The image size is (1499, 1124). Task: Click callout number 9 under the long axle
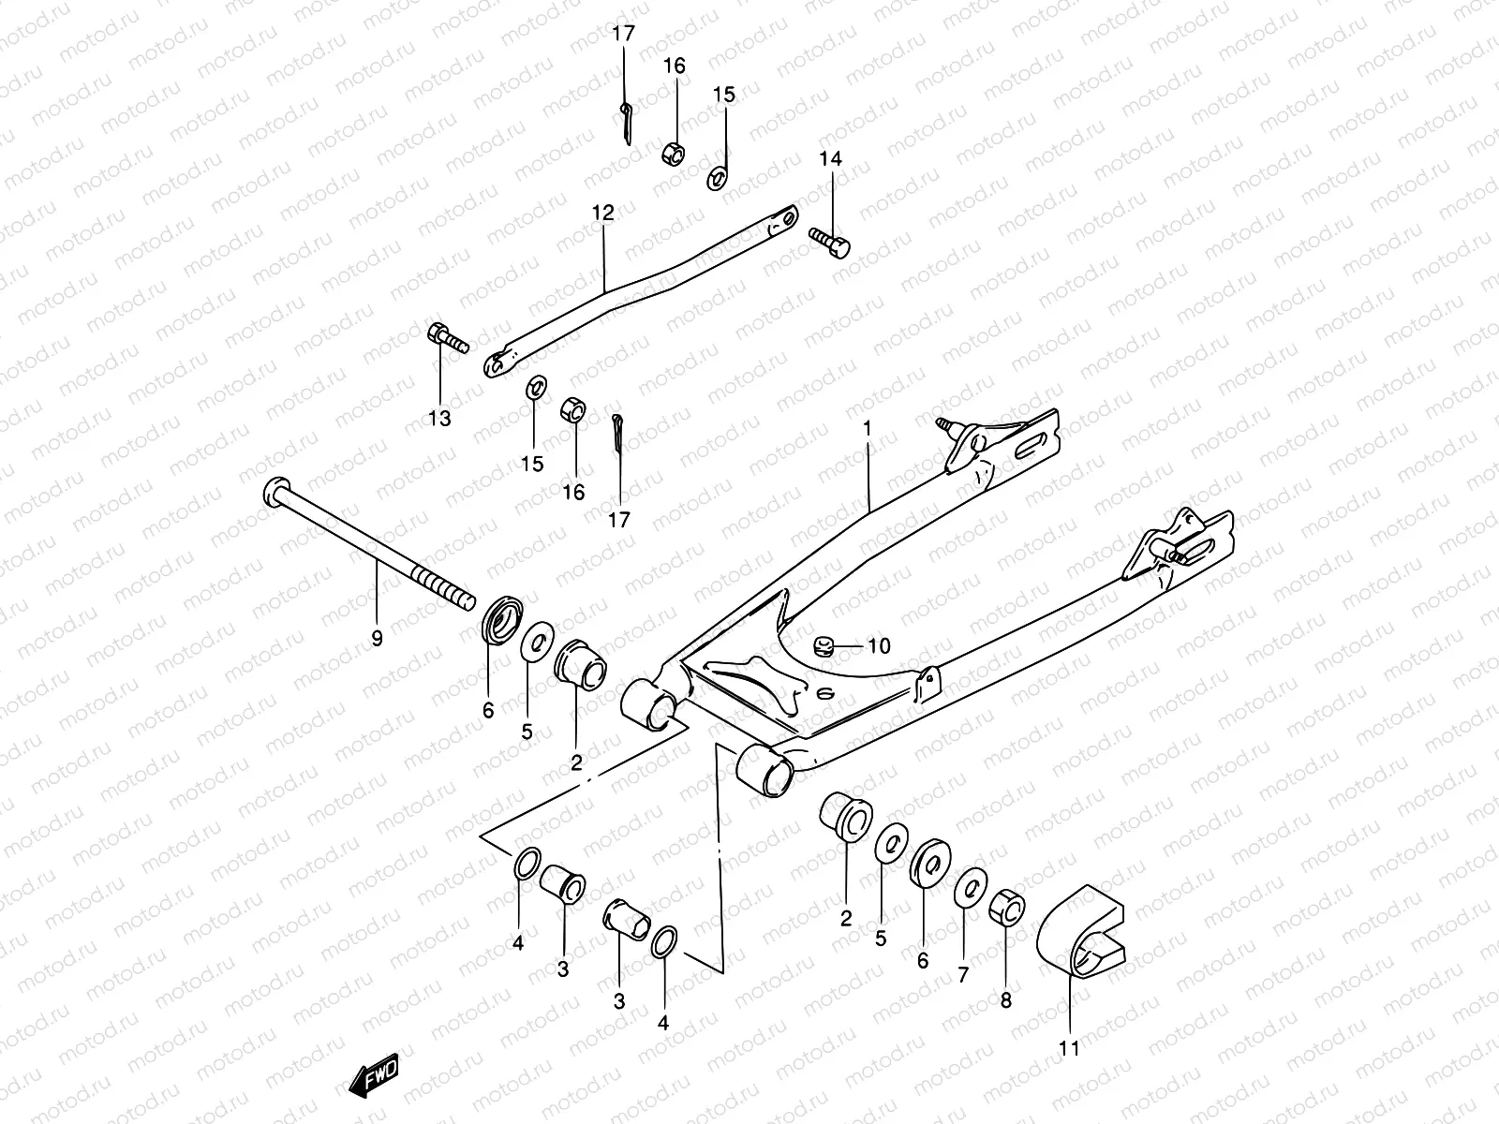tap(377, 639)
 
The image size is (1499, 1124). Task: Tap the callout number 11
tap(1069, 1048)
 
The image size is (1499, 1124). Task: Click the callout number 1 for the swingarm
tap(868, 428)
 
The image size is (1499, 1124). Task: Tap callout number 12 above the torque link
tap(602, 214)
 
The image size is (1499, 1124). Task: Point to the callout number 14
tap(830, 158)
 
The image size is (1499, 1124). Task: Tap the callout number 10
tap(878, 646)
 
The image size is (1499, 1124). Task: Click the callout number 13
tap(438, 419)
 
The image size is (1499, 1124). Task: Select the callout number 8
tap(1005, 1000)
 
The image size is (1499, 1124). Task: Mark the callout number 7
tap(962, 975)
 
